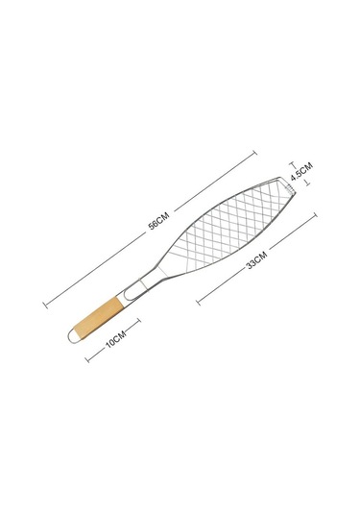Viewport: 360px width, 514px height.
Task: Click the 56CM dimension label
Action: pyautogui.click(x=159, y=221)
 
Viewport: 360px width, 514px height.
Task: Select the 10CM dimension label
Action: pyautogui.click(x=115, y=339)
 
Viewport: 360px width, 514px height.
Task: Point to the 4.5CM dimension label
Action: pyautogui.click(x=301, y=171)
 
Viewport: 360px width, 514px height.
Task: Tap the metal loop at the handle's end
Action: pyautogui.click(x=71, y=336)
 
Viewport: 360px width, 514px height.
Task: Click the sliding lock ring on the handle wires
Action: pyautogui.click(x=143, y=283)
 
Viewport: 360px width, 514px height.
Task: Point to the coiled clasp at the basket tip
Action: pyautogui.click(x=290, y=188)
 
